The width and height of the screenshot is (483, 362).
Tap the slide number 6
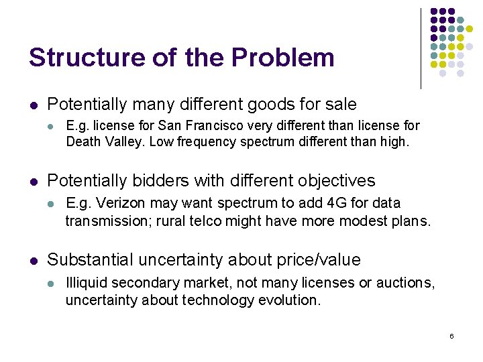tap(452, 335)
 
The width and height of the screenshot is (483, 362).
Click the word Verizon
tap(113, 203)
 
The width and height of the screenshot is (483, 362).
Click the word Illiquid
tap(85, 283)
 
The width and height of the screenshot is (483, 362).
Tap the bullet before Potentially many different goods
tap(34, 105)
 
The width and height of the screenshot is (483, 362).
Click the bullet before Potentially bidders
tap(34, 181)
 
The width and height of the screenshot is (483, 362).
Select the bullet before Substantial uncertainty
tap(34, 260)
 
